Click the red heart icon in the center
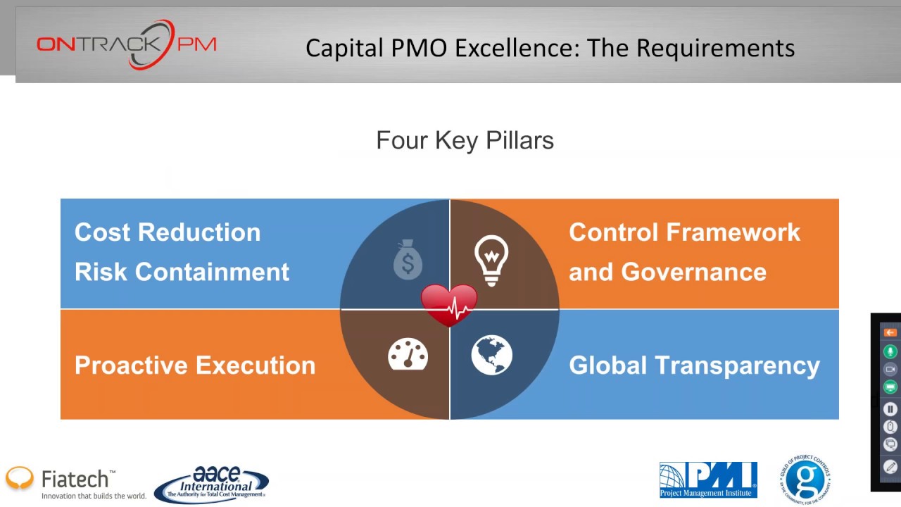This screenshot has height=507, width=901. coord(449,305)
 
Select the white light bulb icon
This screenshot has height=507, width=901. coord(491,260)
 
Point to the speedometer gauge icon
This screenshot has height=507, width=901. coord(408,354)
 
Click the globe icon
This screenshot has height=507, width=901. coord(491,355)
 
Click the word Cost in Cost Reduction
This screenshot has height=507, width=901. coord(101,232)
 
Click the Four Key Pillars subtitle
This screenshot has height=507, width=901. coord(465,140)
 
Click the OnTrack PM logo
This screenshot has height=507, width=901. coord(127,45)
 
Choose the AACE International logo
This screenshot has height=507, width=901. coord(211,484)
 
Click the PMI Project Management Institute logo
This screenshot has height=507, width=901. coord(707,480)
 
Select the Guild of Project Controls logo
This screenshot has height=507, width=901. coord(805,480)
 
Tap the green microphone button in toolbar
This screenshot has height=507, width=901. coord(890,351)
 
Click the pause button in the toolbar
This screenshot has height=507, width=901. coord(890,408)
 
